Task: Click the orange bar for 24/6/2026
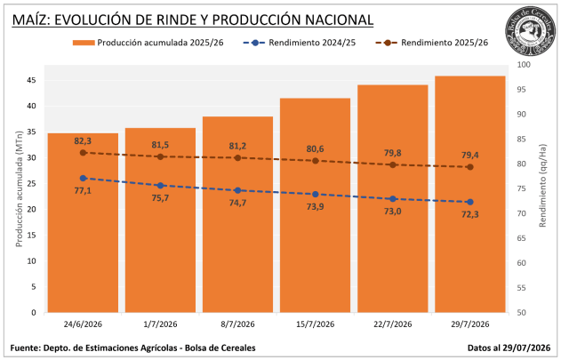click(83, 222)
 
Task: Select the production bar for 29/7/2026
click(470, 194)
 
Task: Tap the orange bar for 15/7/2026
click(316, 205)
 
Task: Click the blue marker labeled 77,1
click(83, 178)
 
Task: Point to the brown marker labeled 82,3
click(83, 153)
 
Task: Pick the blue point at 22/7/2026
click(393, 199)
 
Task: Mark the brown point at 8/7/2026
click(238, 158)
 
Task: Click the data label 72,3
click(470, 214)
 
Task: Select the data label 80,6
click(316, 148)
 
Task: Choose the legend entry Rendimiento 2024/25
click(300, 43)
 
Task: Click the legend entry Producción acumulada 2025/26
click(148, 43)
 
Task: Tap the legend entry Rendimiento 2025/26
click(432, 43)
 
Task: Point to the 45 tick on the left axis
click(31, 80)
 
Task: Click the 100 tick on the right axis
click(524, 65)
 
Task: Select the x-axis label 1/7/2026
click(160, 324)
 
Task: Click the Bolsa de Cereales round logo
click(531, 32)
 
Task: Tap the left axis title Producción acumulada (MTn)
click(19, 189)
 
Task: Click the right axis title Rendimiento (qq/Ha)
click(542, 186)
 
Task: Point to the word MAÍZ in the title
click(30, 20)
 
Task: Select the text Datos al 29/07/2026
click(509, 348)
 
